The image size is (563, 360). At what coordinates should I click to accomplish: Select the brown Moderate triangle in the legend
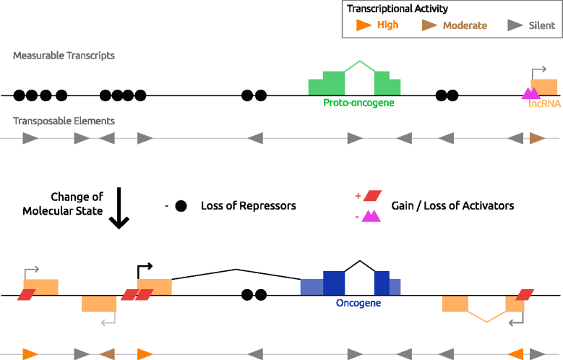coord(429,25)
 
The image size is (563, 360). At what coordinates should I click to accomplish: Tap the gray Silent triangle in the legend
coord(515,25)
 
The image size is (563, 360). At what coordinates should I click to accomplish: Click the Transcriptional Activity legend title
coord(397,9)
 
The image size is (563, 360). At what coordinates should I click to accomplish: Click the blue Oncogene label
coord(358,304)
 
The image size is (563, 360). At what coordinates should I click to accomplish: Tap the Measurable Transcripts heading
coord(64,56)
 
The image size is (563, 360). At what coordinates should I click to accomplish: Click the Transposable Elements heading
coord(64,121)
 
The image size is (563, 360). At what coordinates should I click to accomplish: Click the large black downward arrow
coord(119,209)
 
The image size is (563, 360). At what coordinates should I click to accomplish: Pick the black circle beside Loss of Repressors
coord(180,206)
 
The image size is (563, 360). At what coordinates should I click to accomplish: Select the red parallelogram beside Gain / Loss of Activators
coord(372,195)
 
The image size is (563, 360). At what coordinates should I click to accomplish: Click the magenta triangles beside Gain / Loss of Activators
coord(371,215)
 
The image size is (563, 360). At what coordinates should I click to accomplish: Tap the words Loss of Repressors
coord(248,206)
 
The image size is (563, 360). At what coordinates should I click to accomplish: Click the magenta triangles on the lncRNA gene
coord(531,93)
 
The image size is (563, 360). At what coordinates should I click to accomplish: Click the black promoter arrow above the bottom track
coord(143,269)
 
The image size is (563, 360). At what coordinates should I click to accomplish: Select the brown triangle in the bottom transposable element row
coord(107,353)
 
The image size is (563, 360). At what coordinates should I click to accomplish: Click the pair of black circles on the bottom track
coord(254,294)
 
